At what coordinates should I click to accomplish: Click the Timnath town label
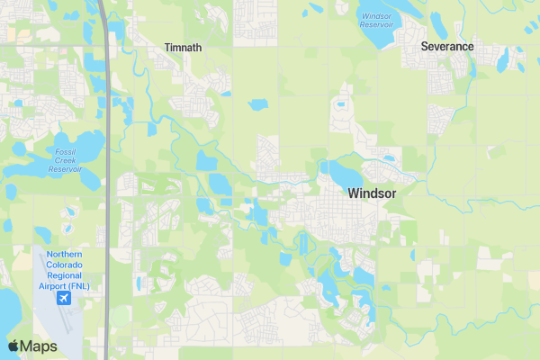(x=183, y=48)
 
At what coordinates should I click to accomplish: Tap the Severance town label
(x=447, y=46)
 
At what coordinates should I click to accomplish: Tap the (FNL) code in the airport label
(x=88, y=286)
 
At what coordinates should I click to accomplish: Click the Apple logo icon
(x=13, y=346)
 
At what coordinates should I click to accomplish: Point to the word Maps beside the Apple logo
(x=39, y=346)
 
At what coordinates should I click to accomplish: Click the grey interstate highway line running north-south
(x=107, y=180)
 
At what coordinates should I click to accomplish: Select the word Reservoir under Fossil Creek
(x=65, y=169)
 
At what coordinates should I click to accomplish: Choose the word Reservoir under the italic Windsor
(x=375, y=25)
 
